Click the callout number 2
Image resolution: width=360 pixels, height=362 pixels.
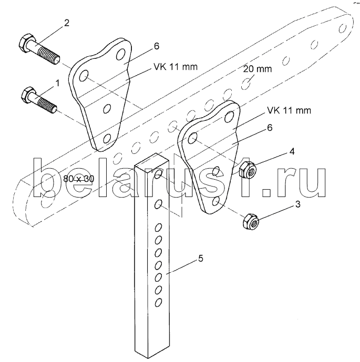(67, 23)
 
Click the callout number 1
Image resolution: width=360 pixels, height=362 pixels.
(57, 83)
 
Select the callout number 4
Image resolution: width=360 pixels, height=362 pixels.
(292, 152)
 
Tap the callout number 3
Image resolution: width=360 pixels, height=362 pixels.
(298, 204)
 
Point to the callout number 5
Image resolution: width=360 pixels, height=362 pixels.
(201, 258)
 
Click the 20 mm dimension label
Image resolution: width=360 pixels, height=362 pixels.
(257, 69)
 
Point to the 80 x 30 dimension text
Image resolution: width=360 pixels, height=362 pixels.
(79, 179)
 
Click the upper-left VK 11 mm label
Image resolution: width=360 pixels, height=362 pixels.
(176, 67)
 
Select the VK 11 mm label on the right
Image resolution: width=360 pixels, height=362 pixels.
(289, 110)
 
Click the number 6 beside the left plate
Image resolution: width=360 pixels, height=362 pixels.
(156, 46)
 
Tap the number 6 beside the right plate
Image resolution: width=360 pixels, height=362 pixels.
(270, 128)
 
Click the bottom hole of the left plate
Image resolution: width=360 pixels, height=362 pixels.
(107, 139)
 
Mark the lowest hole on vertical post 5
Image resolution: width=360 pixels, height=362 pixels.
(158, 302)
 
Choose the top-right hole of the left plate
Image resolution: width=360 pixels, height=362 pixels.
(120, 54)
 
